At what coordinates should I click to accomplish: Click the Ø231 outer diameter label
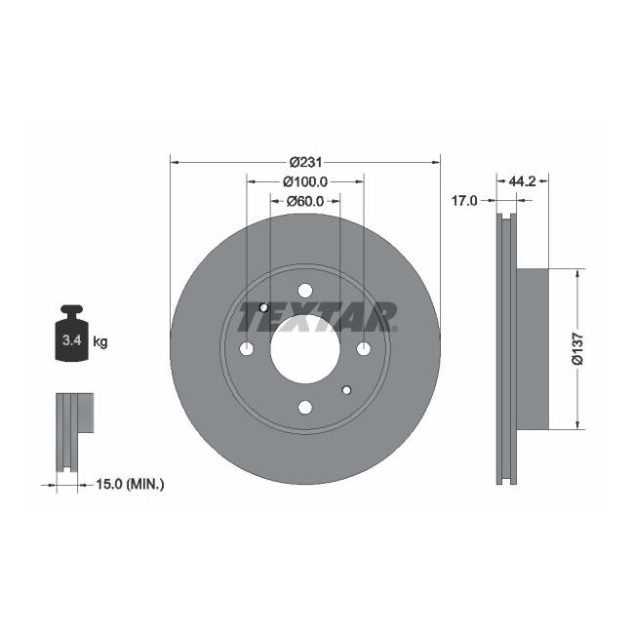pyautogui.click(x=305, y=162)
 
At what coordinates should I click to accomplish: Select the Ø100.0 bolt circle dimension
pyautogui.click(x=304, y=181)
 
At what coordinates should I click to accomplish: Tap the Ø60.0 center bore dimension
pyautogui.click(x=304, y=200)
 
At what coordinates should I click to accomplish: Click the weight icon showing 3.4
pyautogui.click(x=71, y=337)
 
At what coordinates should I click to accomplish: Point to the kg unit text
pyautogui.click(x=99, y=341)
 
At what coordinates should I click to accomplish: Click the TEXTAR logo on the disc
pyautogui.click(x=317, y=316)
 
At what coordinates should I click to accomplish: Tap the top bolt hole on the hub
pyautogui.click(x=304, y=291)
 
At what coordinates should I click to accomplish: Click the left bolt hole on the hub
pyautogui.click(x=246, y=349)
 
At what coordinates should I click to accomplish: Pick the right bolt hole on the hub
pyautogui.click(x=363, y=349)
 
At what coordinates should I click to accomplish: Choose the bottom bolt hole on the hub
pyautogui.click(x=304, y=407)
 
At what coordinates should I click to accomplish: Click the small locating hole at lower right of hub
pyautogui.click(x=347, y=391)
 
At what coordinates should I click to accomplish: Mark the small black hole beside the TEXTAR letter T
pyautogui.click(x=263, y=308)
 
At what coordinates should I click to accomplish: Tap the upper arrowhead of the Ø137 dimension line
pyautogui.click(x=579, y=275)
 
